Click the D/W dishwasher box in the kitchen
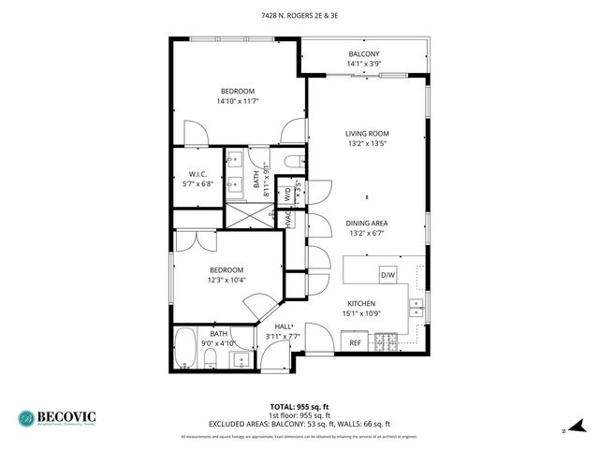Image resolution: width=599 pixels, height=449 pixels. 387,274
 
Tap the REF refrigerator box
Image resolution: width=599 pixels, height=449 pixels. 356,343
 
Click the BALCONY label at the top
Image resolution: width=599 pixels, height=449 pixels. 364,54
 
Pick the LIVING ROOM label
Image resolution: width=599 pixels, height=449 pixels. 368,134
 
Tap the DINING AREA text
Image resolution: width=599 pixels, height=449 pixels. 368,223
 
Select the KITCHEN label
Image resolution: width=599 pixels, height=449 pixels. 361,304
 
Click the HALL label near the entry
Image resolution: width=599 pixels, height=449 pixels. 282,326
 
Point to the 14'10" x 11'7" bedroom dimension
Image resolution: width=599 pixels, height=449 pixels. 237,100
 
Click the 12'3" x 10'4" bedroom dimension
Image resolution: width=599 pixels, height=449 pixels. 226,280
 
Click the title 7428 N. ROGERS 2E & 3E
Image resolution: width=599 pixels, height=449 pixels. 299,15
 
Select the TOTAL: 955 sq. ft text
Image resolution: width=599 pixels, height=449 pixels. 299,406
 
